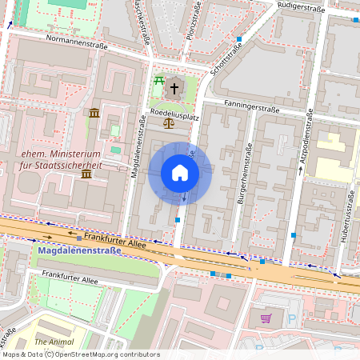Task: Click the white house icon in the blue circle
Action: (179, 173)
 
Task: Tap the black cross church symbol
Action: (174, 86)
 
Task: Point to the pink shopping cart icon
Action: (266, 318)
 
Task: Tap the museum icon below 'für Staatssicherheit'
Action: (86, 174)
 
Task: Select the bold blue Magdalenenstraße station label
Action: (79, 250)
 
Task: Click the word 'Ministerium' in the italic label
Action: (73, 154)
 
